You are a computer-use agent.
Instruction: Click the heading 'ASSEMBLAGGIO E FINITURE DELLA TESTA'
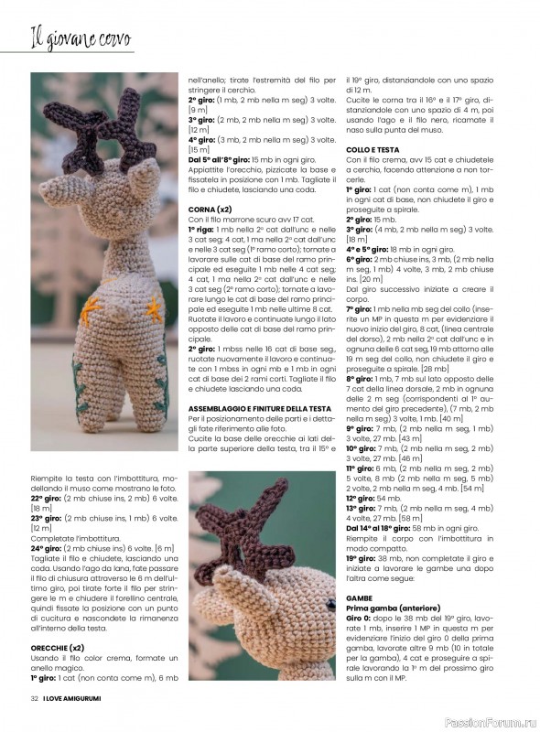coord(259,407)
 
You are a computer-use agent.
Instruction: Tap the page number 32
coord(34,698)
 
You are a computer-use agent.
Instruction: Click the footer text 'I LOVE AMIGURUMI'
coord(76,698)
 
